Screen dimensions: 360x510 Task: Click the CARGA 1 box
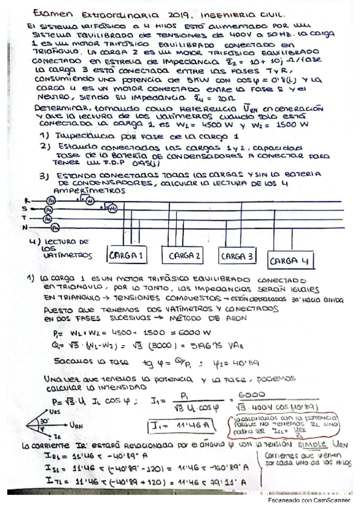pos(126,256)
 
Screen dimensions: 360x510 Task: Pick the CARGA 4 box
pos(291,261)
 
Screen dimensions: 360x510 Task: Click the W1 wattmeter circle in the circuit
pos(91,201)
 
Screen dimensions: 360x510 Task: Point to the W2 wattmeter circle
pos(112,208)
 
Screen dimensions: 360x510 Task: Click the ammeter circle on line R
pos(50,200)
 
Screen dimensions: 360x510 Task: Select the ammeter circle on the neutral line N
pos(55,228)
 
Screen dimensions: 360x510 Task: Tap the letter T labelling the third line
pos(25,218)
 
